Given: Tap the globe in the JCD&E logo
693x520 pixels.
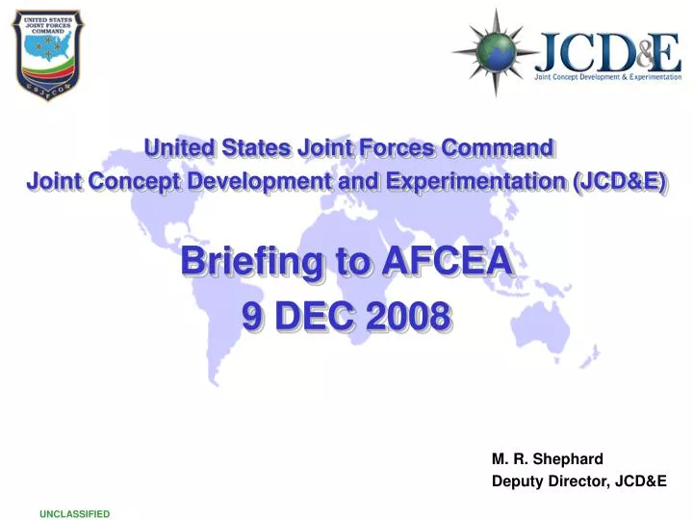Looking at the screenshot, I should point(496,52).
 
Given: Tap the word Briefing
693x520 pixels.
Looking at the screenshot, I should point(238,261).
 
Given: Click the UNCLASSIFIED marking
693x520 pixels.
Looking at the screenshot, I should point(74,514).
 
